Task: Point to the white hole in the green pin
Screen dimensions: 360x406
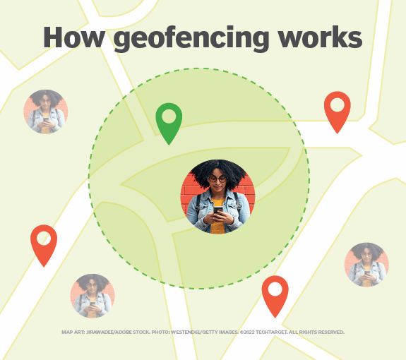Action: click(x=169, y=115)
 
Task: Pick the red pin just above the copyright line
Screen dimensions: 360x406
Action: click(x=275, y=294)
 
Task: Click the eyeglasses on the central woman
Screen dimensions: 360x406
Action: click(x=217, y=179)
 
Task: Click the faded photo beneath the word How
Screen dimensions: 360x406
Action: click(x=45, y=112)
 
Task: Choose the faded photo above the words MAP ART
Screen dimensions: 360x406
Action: click(x=92, y=295)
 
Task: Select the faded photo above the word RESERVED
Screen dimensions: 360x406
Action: click(x=366, y=264)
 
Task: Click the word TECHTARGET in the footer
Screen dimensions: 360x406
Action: click(x=277, y=332)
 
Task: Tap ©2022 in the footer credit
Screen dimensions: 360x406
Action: click(x=251, y=332)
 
